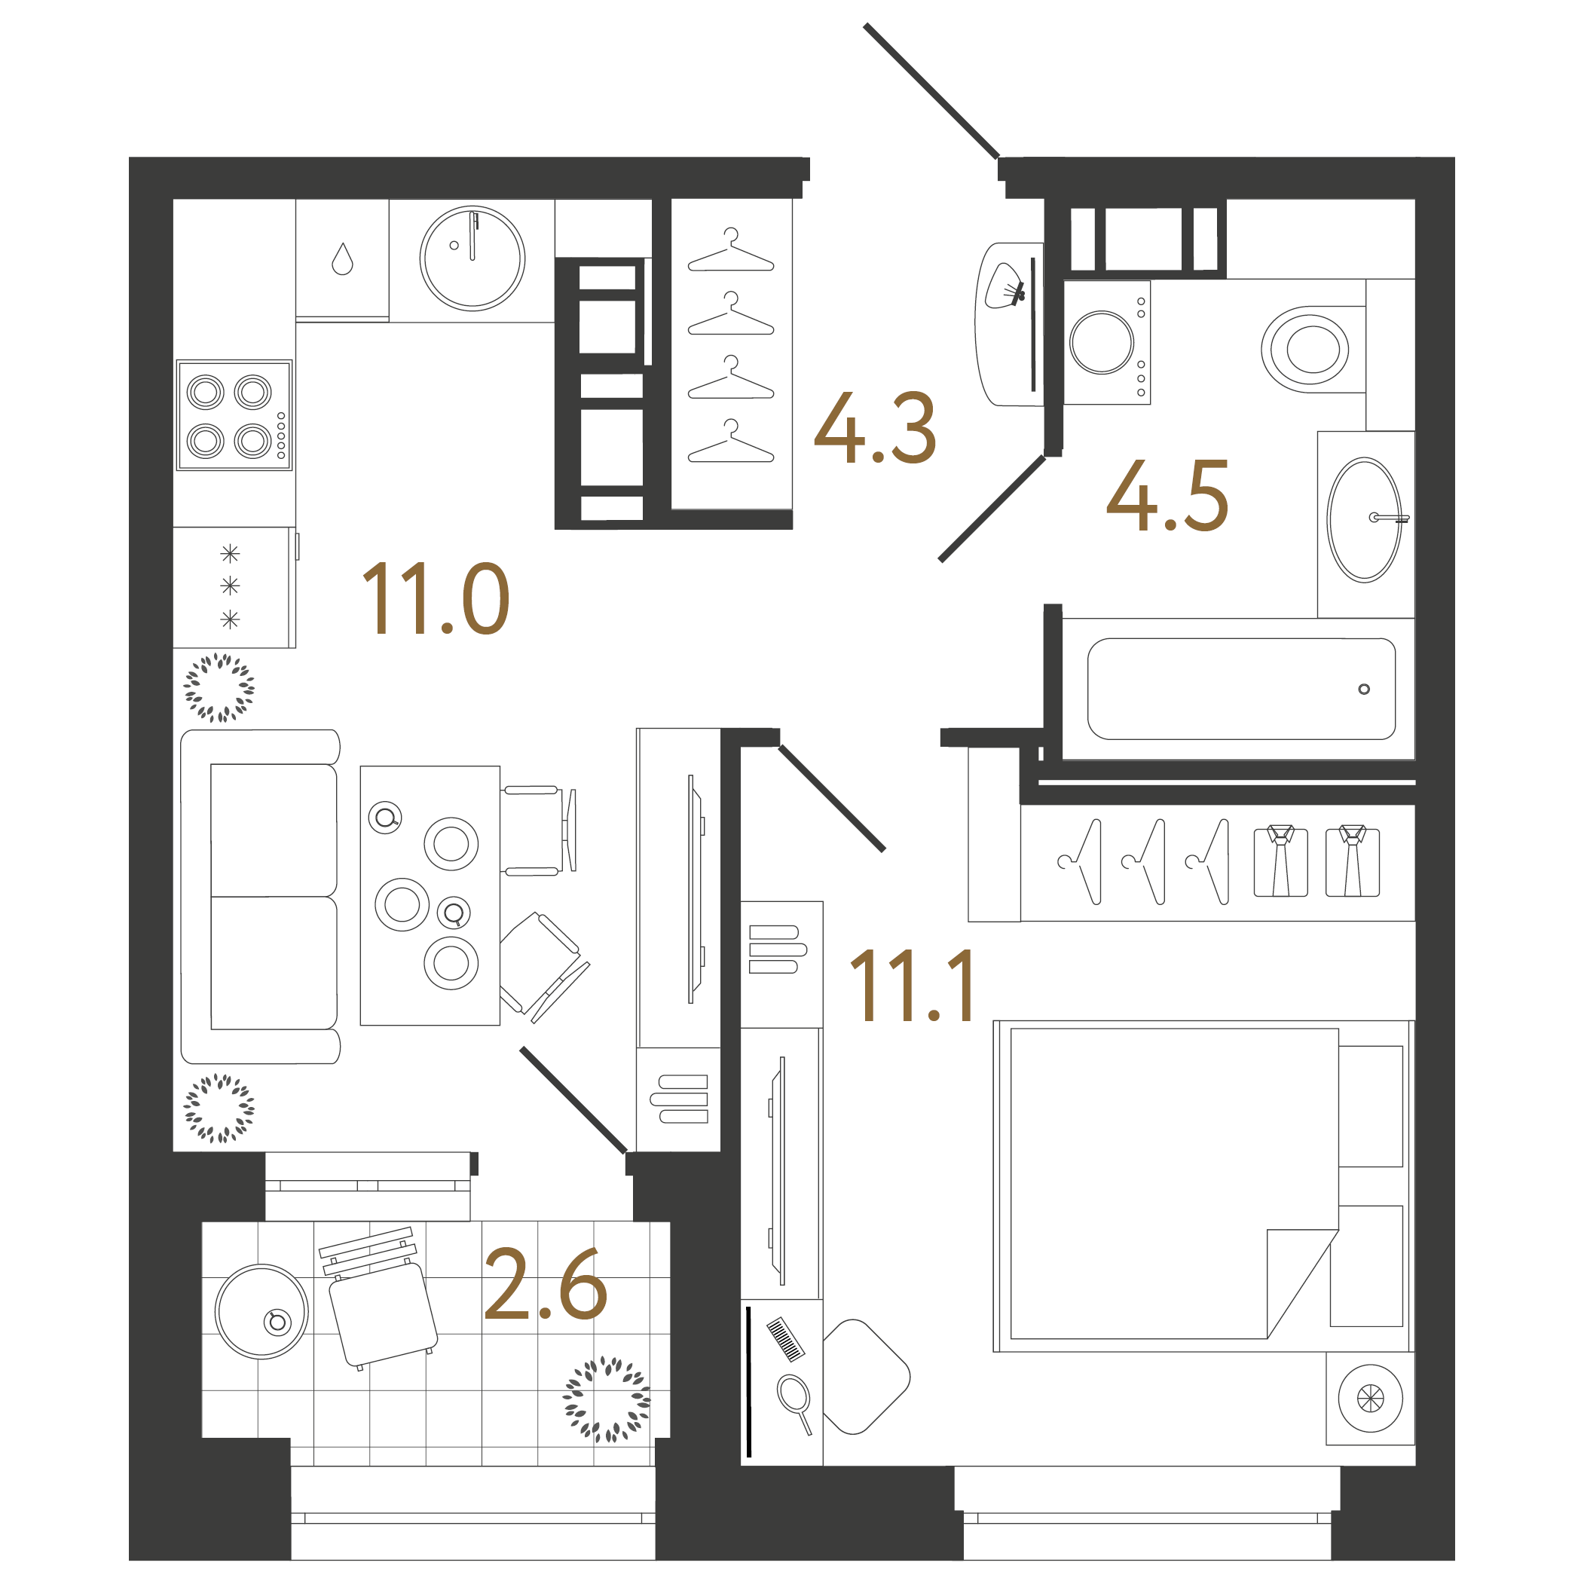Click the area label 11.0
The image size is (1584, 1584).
pyautogui.click(x=436, y=598)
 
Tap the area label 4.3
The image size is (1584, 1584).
pyautogui.click(x=874, y=427)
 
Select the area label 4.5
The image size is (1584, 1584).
pyautogui.click(x=1167, y=495)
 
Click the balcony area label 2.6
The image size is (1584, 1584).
pyautogui.click(x=546, y=1285)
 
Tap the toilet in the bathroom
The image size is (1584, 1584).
pyautogui.click(x=1305, y=348)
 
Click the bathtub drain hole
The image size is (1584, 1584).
pyautogui.click(x=1363, y=689)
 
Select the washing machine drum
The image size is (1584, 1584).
pyautogui.click(x=1101, y=342)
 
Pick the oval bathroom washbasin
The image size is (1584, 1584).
pyautogui.click(x=1364, y=520)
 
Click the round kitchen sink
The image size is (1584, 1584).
pyautogui.click(x=472, y=258)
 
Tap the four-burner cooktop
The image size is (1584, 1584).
pyautogui.click(x=234, y=415)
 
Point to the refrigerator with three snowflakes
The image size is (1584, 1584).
pyautogui.click(x=231, y=586)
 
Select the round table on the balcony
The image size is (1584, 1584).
pyautogui.click(x=261, y=1311)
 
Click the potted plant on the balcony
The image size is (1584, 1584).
pyautogui.click(x=607, y=1399)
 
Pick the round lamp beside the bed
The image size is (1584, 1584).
pyautogui.click(x=1370, y=1399)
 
